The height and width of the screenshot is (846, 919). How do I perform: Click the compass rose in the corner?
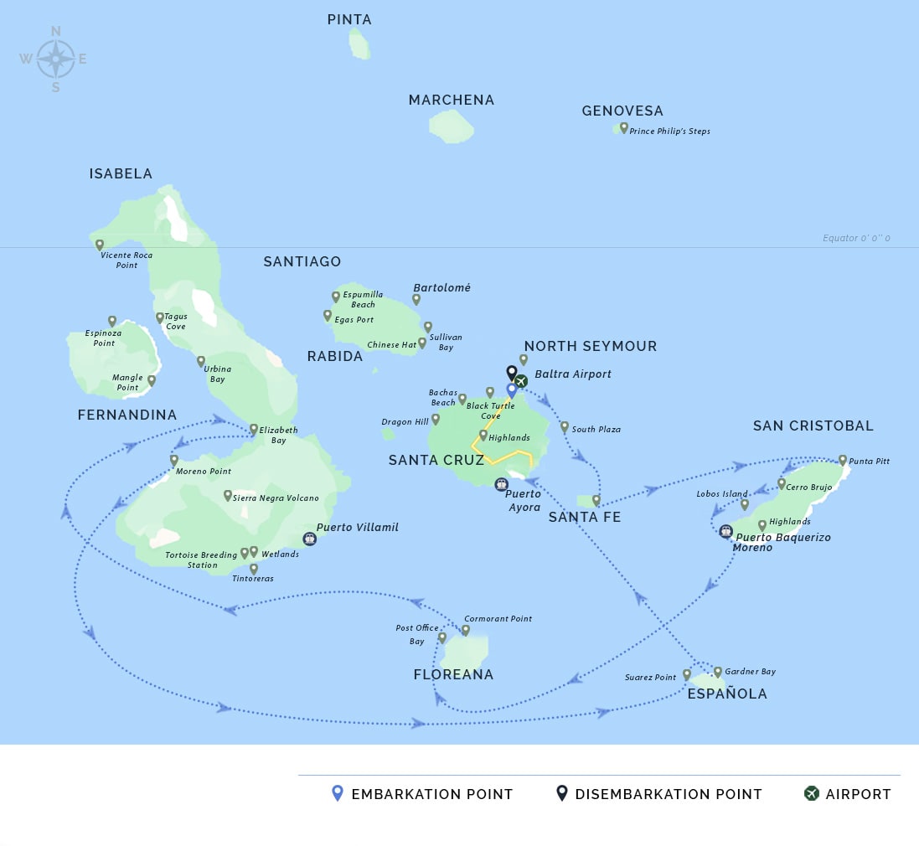coord(55,59)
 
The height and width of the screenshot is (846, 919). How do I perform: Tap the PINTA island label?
coord(349,19)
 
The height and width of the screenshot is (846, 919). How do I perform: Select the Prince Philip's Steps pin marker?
coord(624,128)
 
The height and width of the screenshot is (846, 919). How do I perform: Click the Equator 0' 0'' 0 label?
coord(855,239)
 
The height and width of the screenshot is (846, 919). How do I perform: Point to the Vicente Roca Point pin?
coord(100,245)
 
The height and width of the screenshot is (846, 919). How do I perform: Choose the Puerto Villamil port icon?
coord(309,539)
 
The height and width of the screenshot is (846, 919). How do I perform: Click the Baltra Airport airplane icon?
coord(521,381)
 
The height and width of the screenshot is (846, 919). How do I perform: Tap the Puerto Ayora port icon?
coord(501,483)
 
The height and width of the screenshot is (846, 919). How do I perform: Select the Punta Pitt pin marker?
coord(843,461)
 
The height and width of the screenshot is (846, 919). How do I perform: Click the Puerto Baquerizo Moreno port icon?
coord(725,531)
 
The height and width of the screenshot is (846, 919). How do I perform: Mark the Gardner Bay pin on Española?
coord(718,672)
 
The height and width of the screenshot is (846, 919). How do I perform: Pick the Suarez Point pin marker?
coord(687,674)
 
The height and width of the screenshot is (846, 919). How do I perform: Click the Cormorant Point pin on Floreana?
coord(466,630)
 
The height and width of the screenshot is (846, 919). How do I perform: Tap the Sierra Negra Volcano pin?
coord(228,496)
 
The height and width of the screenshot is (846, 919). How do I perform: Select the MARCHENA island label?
coord(452,101)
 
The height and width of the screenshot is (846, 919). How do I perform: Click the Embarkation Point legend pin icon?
coord(338,792)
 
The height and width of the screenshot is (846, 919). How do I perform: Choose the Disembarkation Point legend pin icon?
coord(562,792)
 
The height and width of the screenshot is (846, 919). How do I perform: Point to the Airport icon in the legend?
coord(811,793)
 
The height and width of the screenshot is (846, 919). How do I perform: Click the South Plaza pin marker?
coord(565,427)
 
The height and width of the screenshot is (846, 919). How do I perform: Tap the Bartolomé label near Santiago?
coord(441,287)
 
